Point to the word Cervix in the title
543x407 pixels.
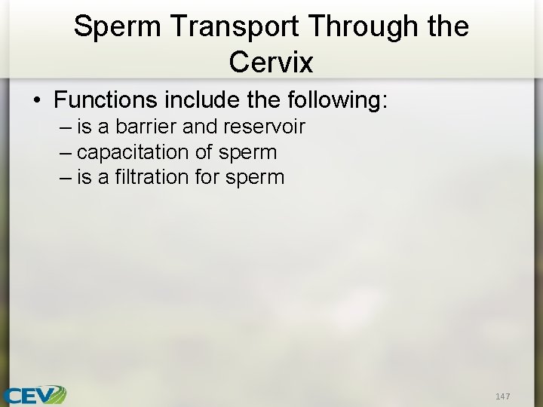271,62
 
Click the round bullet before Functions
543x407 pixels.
36,99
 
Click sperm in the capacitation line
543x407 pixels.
247,152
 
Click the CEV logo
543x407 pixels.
35,394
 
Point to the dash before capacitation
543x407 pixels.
65,152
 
